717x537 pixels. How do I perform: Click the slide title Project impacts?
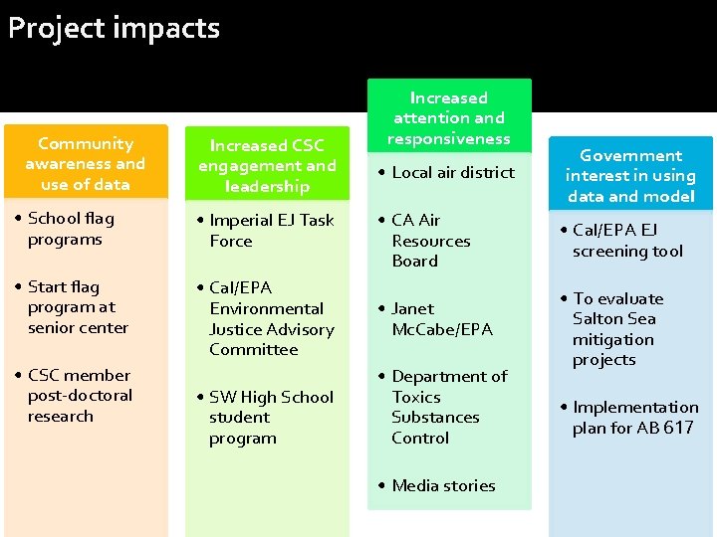[x=114, y=28]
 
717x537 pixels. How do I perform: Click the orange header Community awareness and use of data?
[x=86, y=164]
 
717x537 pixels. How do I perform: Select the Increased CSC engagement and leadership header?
[x=267, y=166]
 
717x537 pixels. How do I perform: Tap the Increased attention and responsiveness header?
[x=449, y=118]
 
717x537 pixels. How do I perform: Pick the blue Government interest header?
[x=630, y=176]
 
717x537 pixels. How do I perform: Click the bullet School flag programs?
[x=71, y=229]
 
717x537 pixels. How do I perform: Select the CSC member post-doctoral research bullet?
[x=80, y=396]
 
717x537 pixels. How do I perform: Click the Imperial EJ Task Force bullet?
[x=271, y=231]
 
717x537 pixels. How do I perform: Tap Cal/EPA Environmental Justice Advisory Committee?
[x=271, y=318]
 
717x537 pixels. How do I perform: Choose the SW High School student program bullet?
[x=271, y=418]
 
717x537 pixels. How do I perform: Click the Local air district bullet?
[x=453, y=173]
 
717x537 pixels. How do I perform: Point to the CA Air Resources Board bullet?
[x=430, y=241]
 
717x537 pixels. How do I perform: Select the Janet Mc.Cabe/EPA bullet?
[x=441, y=318]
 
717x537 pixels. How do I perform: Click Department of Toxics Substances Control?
[x=448, y=407]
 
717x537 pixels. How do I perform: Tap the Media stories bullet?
[x=443, y=485]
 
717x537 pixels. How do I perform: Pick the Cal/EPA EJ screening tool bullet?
[x=627, y=241]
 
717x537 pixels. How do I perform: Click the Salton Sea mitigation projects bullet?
[x=617, y=329]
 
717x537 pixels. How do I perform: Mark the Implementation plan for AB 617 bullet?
[x=634, y=418]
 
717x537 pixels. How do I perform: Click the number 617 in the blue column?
[x=678, y=429]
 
